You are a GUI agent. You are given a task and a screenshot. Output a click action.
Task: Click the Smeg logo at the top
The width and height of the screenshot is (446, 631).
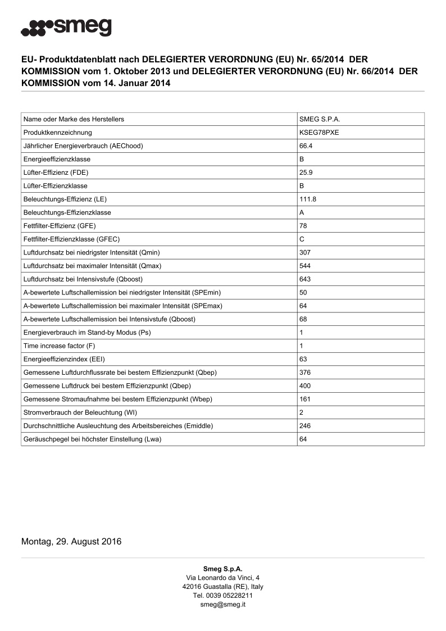click(x=66, y=27)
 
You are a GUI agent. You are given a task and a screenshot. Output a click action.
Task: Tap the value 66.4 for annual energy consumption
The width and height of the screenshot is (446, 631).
click(x=306, y=146)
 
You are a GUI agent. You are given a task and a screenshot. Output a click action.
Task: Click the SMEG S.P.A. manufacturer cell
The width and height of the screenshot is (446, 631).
click(x=320, y=120)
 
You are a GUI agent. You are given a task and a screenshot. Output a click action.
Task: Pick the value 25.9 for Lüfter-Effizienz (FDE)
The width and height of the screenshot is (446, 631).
click(x=306, y=172)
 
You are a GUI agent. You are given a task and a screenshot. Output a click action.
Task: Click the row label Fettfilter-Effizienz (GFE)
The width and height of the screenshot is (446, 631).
click(x=59, y=226)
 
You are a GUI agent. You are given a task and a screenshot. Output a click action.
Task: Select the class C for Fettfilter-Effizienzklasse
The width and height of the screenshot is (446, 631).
click(x=302, y=239)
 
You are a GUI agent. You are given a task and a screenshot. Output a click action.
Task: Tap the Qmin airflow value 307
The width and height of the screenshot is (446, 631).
click(x=305, y=252)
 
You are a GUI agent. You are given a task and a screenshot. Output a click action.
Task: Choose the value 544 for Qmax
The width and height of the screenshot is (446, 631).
click(x=305, y=266)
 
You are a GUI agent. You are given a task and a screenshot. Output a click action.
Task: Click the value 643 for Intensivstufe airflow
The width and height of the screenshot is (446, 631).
click(x=305, y=279)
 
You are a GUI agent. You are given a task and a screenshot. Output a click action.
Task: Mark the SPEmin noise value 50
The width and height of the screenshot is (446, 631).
click(x=303, y=292)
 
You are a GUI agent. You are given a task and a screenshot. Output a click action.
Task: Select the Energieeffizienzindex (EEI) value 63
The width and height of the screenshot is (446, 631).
click(x=303, y=359)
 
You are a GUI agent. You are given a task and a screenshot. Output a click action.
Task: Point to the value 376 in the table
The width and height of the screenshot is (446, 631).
click(x=305, y=373)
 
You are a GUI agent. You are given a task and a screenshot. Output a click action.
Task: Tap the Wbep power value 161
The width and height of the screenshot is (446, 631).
click(x=305, y=399)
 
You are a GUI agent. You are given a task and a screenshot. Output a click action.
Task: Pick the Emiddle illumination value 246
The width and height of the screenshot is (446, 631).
click(x=305, y=426)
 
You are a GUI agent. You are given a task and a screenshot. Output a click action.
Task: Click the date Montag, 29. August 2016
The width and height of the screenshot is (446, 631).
click(x=71, y=542)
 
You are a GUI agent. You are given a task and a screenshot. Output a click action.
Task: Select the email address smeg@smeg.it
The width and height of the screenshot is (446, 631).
click(x=223, y=605)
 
